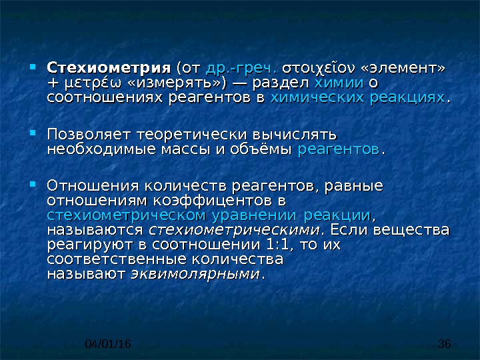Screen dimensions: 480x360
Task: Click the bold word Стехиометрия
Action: pos(109,68)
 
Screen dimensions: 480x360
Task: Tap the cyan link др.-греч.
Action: pos(241,69)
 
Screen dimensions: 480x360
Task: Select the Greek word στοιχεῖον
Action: pos(319,69)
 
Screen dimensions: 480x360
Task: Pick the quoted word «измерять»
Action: pos(177,83)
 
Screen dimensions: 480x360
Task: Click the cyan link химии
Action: pos(339,83)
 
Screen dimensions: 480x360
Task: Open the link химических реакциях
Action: pos(357,98)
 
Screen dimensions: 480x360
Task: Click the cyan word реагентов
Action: pos(339,150)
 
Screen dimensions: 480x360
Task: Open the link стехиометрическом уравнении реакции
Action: pos(209,215)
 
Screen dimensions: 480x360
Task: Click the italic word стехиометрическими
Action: pos(234,230)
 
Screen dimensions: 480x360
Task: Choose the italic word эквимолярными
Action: pos(195,274)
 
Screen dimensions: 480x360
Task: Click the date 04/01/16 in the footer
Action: pos(108,344)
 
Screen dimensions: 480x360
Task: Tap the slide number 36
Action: pos(445,344)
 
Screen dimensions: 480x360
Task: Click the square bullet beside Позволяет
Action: pos(33,133)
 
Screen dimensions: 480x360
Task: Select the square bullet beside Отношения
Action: pos(33,184)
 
